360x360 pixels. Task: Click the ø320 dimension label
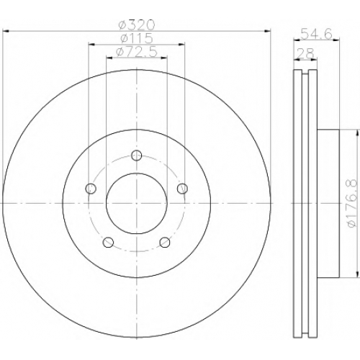tap(138, 25)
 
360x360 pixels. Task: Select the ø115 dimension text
tap(137, 38)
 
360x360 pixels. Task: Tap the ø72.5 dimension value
tap(136, 52)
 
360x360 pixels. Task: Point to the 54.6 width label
tap(317, 34)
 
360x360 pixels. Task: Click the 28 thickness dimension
tap(305, 53)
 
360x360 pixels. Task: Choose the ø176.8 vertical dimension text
tap(351, 204)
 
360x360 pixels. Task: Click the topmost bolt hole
tap(137, 156)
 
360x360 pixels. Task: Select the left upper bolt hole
tap(91, 189)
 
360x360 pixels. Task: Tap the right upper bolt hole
tap(182, 189)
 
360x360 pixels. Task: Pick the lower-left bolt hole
tap(108, 242)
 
